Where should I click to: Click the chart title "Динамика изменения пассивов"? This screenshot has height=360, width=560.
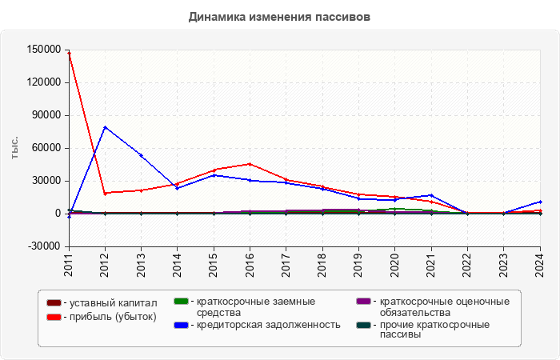click(x=279, y=17)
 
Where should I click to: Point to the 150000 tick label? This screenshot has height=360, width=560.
click(x=43, y=50)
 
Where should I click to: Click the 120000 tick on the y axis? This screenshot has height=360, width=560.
click(x=43, y=82)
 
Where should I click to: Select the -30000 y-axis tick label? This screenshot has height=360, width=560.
click(x=43, y=246)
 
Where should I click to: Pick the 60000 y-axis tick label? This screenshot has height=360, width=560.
click(x=46, y=148)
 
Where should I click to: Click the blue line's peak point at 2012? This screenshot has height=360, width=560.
click(x=105, y=127)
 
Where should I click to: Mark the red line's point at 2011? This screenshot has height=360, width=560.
click(x=70, y=53)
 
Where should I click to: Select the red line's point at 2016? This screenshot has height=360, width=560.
click(x=250, y=164)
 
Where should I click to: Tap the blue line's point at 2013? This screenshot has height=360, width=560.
click(x=142, y=155)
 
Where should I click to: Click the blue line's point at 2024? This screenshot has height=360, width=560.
click(x=540, y=202)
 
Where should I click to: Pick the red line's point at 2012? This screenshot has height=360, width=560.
click(x=105, y=193)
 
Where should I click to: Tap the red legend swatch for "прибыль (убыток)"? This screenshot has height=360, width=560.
click(x=54, y=318)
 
